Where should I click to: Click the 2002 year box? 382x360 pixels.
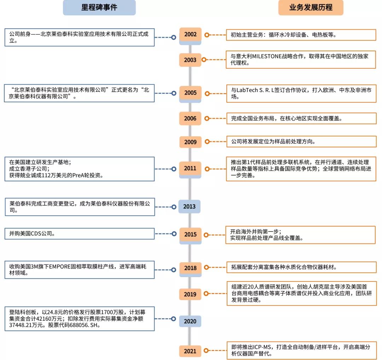point(190,35)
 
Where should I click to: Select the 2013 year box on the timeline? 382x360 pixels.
point(189,206)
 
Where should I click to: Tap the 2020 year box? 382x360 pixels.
point(190,321)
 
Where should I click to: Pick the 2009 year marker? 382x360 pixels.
point(190,142)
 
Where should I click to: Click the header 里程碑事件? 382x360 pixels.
point(99,7)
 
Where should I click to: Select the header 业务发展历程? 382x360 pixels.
point(311,7)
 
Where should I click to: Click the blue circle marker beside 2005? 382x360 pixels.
point(174,93)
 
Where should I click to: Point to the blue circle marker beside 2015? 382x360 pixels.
point(174,234)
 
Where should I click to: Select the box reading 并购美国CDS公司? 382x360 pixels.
point(79,234)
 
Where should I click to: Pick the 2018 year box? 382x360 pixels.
point(190,268)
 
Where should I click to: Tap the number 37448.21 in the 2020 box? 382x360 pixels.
point(22,325)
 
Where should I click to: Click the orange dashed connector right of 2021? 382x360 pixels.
point(218,351)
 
